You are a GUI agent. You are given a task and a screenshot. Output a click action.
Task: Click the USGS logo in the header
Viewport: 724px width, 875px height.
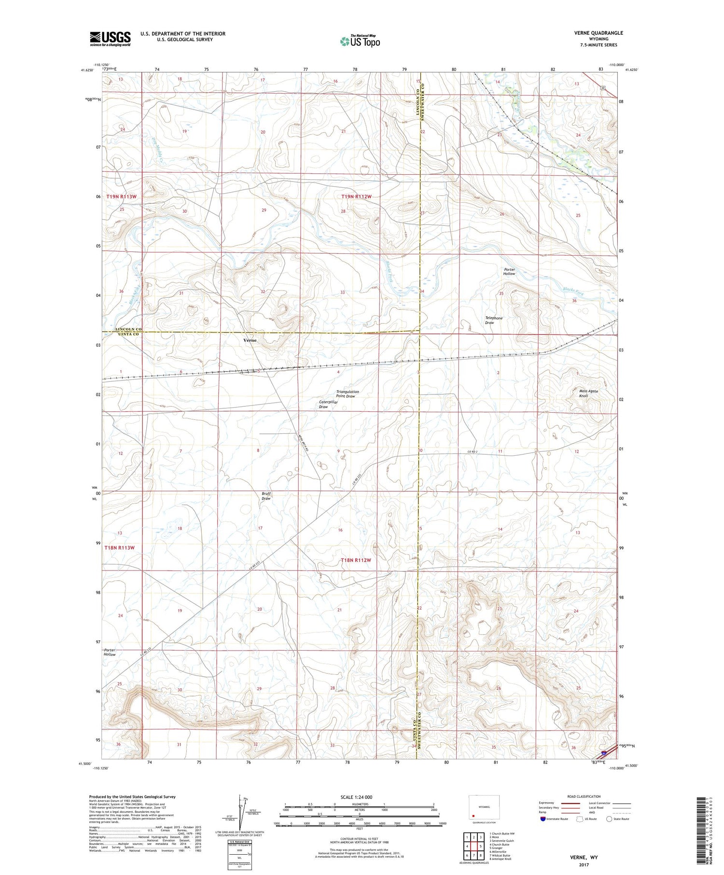click(x=110, y=39)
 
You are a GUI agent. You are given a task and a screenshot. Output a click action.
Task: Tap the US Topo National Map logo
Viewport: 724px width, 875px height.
click(x=360, y=41)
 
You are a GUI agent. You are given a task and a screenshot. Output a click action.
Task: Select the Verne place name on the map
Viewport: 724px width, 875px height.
click(x=250, y=340)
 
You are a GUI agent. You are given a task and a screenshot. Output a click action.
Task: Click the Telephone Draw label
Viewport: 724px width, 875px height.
click(x=493, y=320)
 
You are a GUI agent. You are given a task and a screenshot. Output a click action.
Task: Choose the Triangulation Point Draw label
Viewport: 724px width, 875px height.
click(x=348, y=394)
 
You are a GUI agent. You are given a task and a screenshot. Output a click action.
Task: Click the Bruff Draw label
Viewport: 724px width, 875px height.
click(x=266, y=496)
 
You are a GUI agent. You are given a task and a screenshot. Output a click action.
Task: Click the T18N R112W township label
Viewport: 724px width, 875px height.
click(x=356, y=560)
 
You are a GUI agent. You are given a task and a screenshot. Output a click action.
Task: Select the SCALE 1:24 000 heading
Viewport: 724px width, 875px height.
click(x=356, y=797)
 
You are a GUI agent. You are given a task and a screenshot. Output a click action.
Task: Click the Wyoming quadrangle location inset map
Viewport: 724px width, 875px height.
click(x=484, y=808)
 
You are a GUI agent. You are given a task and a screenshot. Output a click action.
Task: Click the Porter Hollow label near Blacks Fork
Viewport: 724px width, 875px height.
click(x=509, y=272)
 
